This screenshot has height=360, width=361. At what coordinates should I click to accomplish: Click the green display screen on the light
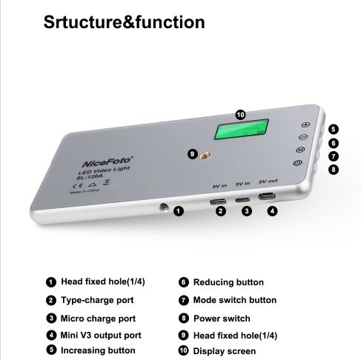pos(241,130)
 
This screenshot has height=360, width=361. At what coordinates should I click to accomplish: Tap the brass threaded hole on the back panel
pos(205,156)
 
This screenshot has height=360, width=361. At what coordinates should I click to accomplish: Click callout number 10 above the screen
pos(240,115)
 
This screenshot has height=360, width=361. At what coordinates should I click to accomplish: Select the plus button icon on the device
pos(306,124)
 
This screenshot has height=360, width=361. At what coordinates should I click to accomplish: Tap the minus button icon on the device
pos(303,137)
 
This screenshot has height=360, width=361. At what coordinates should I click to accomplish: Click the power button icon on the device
pos(297,163)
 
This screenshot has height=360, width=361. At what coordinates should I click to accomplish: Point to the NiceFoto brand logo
pos(107,162)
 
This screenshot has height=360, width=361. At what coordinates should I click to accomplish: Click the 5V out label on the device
pos(268,181)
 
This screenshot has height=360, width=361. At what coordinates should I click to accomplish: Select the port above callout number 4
pos(267,196)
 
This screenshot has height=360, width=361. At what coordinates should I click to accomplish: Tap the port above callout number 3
pos(242,199)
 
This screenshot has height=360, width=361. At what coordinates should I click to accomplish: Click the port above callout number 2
pos(218,201)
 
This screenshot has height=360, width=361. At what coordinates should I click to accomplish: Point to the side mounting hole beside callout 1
pos(164,207)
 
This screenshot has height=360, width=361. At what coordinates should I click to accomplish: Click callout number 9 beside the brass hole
pos(193,155)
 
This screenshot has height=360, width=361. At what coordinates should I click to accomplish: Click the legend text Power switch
pos(222,319)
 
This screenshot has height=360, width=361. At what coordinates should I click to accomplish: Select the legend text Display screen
pos(225,351)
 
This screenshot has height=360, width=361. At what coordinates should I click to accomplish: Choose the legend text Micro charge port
pos(98,319)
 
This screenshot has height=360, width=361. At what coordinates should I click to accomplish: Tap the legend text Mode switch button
pos(235,300)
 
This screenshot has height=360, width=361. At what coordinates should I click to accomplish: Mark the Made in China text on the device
pos(85,191)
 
